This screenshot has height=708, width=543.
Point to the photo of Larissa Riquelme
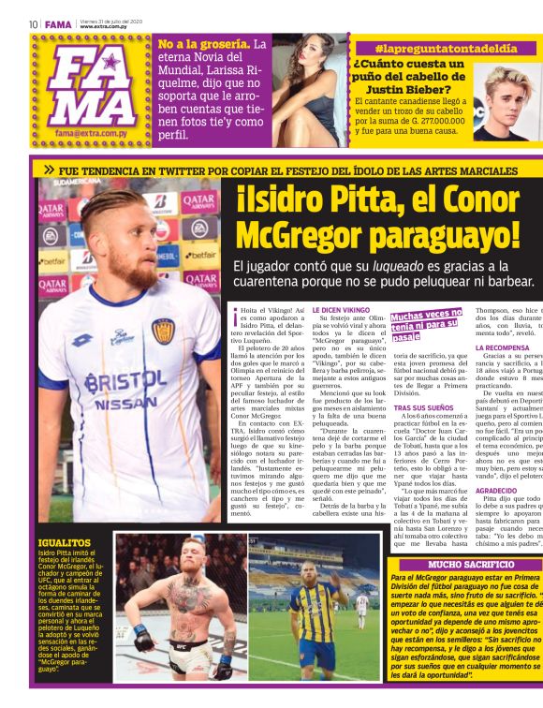point(305,87)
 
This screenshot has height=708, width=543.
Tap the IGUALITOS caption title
point(64,543)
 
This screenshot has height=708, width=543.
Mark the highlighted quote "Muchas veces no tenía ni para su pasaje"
point(427,324)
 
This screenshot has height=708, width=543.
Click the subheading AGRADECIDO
point(502,490)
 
